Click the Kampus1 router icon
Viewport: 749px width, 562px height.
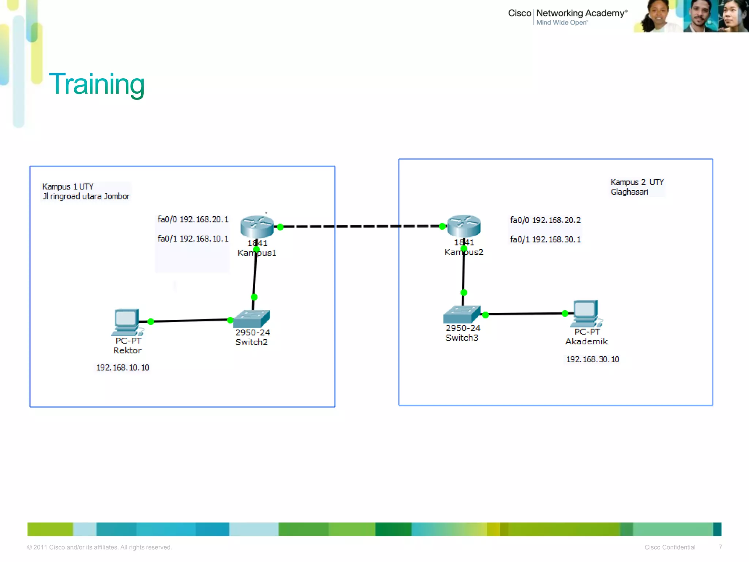click(x=257, y=226)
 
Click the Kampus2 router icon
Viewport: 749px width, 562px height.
click(x=464, y=225)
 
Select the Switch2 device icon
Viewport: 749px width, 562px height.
click(x=252, y=319)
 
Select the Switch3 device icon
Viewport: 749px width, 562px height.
click(x=462, y=314)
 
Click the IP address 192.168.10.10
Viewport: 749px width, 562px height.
click(x=123, y=367)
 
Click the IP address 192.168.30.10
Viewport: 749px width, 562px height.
click(x=592, y=359)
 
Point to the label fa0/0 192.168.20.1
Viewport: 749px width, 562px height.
click(x=193, y=219)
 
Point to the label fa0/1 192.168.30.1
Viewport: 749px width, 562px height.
click(x=545, y=239)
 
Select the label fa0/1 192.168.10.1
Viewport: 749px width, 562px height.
click(x=193, y=239)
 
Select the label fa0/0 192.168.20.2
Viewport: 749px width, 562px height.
click(x=545, y=220)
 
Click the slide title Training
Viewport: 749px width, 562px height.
click(x=97, y=84)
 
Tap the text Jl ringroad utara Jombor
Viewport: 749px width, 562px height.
click(x=86, y=196)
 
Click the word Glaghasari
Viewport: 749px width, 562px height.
click(x=629, y=192)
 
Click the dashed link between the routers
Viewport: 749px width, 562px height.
click(x=362, y=226)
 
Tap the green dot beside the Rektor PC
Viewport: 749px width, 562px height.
click(x=151, y=322)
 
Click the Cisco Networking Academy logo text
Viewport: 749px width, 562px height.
click(x=567, y=14)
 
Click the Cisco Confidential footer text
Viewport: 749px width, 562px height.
click(x=670, y=547)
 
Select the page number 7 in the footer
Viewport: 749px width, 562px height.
click(x=720, y=547)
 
